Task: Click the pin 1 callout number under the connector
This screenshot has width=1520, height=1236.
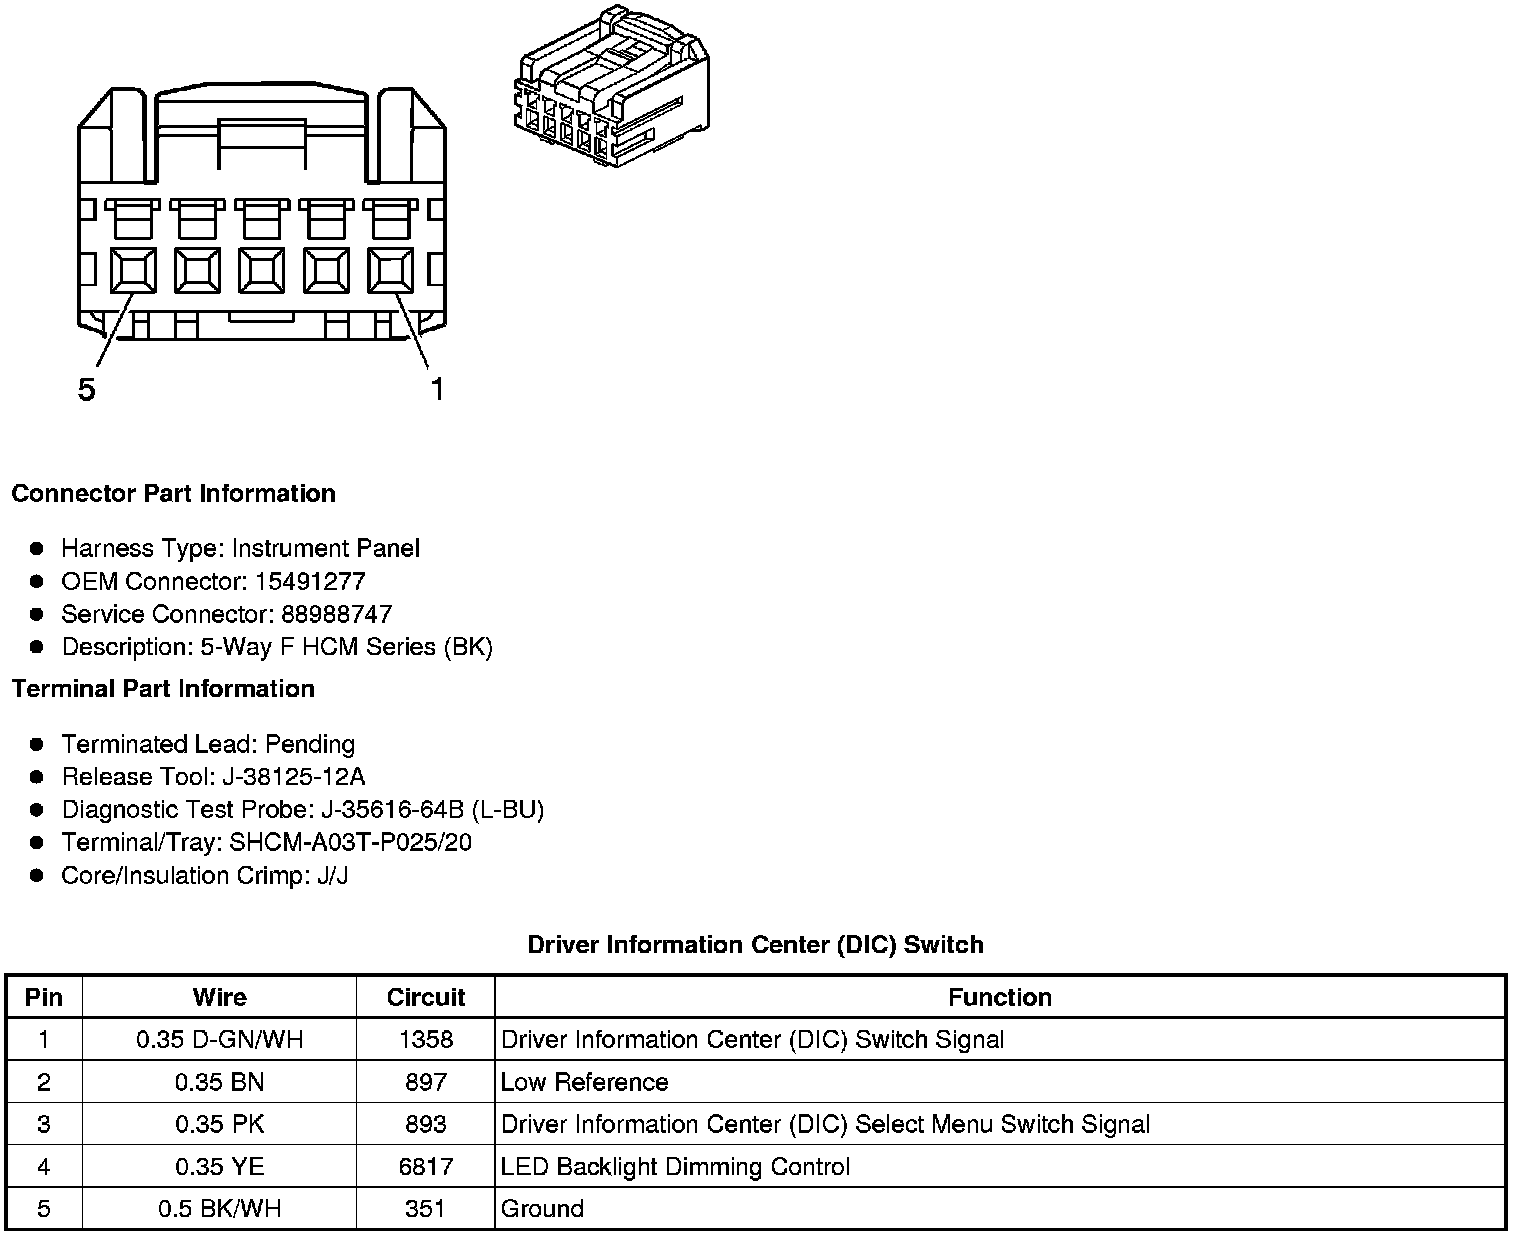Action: point(436,389)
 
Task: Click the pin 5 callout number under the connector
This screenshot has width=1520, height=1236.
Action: point(87,389)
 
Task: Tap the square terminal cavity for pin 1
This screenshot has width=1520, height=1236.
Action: point(391,270)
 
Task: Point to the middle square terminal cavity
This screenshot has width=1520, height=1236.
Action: point(262,270)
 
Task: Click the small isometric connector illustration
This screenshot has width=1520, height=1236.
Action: point(611,88)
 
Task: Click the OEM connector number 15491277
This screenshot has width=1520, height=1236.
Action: point(310,581)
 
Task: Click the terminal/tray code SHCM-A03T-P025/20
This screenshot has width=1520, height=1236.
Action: point(350,843)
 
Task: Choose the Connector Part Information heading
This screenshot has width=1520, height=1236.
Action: point(173,494)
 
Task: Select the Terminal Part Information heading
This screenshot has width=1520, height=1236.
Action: point(163,689)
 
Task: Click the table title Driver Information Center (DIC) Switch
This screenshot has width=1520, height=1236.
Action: point(755,945)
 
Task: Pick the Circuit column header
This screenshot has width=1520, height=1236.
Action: point(426,997)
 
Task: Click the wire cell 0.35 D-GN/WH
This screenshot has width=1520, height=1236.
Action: point(219,1040)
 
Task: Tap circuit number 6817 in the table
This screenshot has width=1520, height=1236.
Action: point(426,1167)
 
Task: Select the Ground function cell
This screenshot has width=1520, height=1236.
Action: point(542,1209)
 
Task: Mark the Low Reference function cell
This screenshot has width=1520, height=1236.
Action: point(584,1082)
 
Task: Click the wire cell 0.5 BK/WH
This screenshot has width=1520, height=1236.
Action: point(219,1209)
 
